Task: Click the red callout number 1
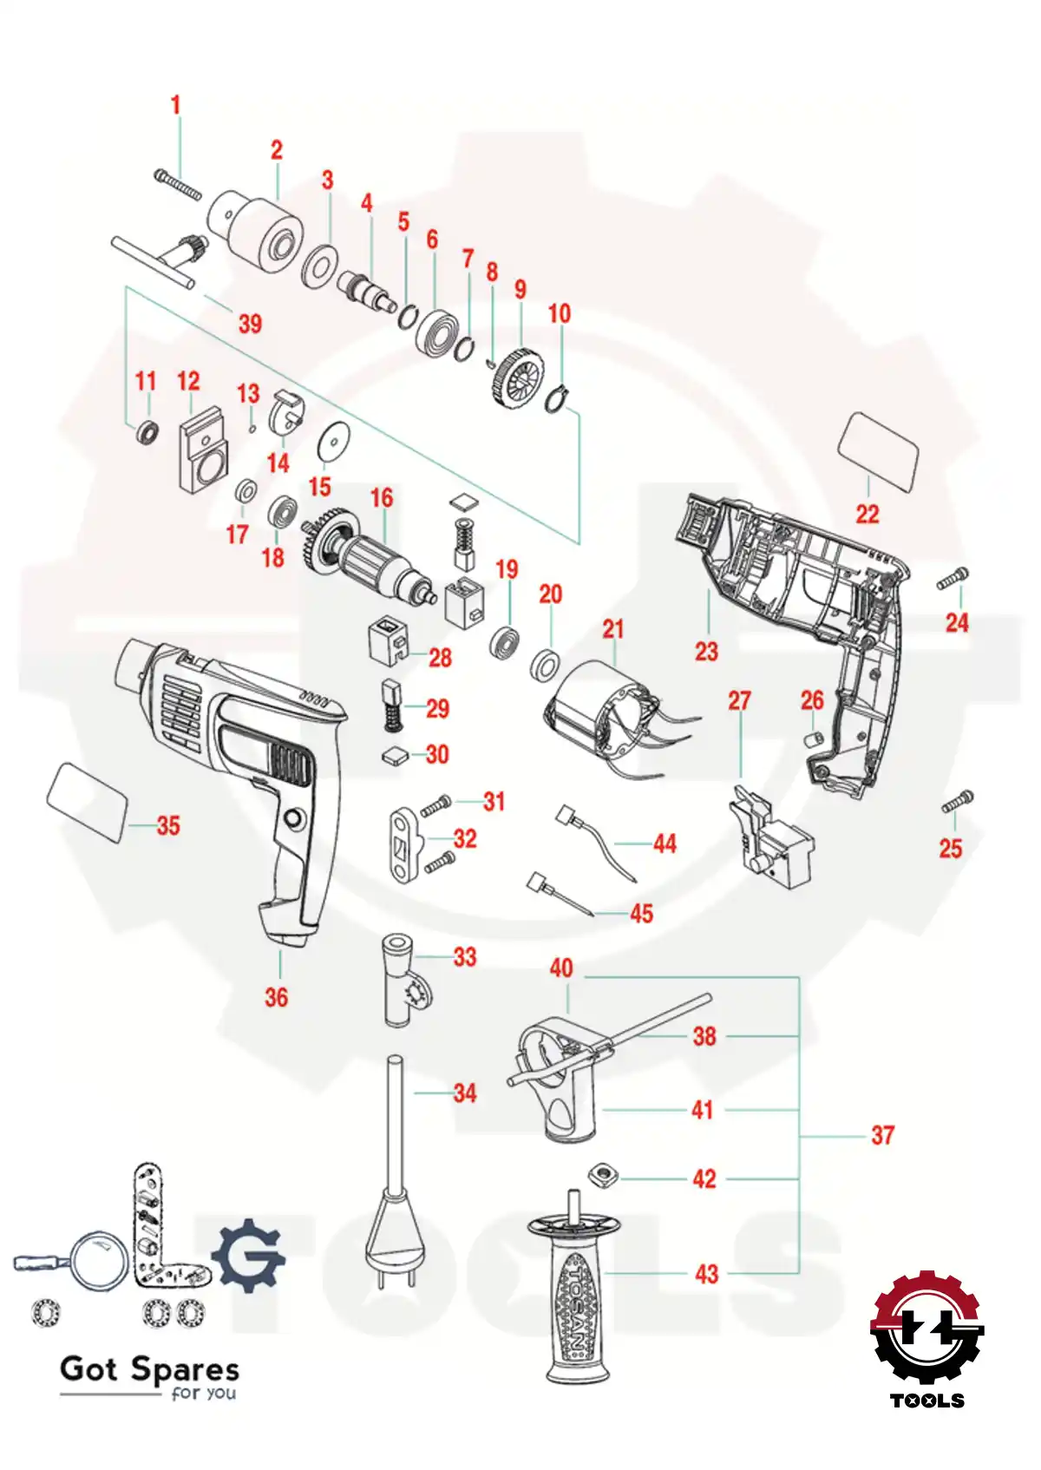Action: tap(176, 105)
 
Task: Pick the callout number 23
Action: tap(707, 651)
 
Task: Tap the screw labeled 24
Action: tap(953, 580)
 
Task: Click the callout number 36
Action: tap(276, 997)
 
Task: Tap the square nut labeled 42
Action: tap(600, 1177)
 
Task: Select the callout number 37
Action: tap(882, 1135)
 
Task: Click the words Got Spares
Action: tap(149, 1369)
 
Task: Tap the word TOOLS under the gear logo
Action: tap(926, 1401)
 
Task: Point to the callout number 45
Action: tap(641, 914)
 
